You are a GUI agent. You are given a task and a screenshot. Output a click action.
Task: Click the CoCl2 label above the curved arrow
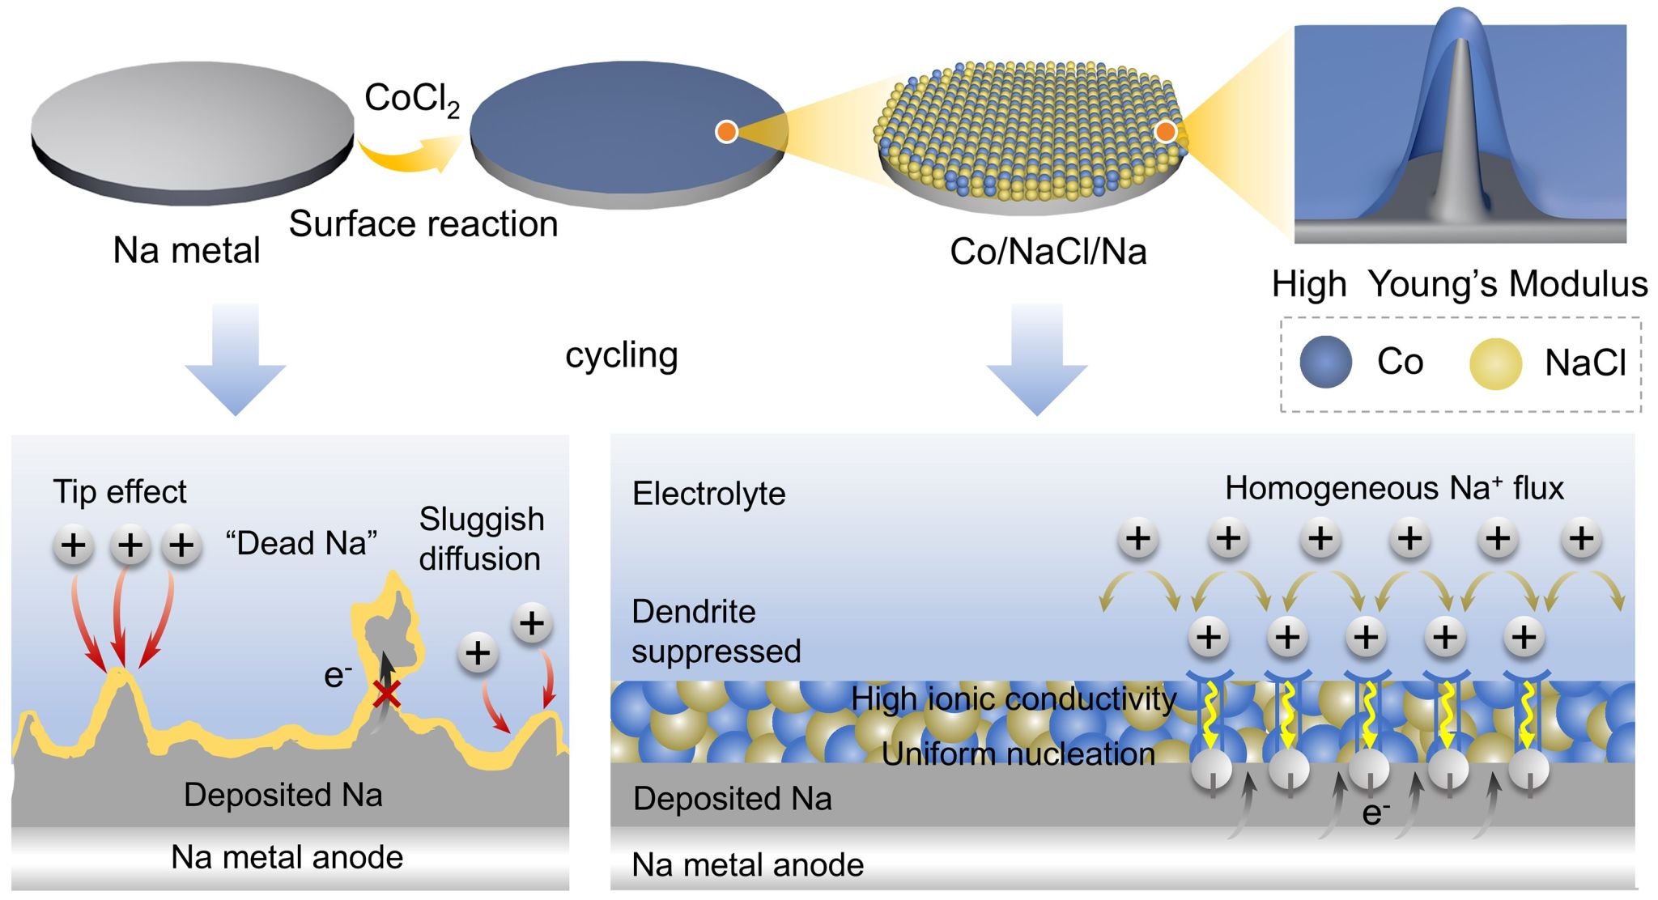pyautogui.click(x=411, y=100)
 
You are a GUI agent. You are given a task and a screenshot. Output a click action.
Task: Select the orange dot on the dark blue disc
pyautogui.click(x=726, y=132)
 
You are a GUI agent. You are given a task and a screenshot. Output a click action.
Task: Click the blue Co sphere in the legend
pyautogui.click(x=1325, y=362)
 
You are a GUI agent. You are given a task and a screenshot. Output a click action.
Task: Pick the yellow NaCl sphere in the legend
pyautogui.click(x=1494, y=363)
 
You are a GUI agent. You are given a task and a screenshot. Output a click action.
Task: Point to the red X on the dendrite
pyautogui.click(x=387, y=694)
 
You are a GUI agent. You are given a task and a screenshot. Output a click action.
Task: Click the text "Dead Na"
pyautogui.click(x=301, y=543)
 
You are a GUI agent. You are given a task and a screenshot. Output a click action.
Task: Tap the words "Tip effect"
pyautogui.click(x=120, y=491)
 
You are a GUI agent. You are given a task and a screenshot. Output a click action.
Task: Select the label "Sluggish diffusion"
pyautogui.click(x=481, y=539)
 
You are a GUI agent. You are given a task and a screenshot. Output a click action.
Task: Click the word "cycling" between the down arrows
pyautogui.click(x=621, y=355)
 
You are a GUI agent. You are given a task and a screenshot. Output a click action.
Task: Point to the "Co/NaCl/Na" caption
pyautogui.click(x=1048, y=252)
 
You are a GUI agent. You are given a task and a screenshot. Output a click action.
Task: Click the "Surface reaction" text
pyautogui.click(x=423, y=224)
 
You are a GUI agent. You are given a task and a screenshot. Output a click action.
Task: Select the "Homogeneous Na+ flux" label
pyautogui.click(x=1393, y=489)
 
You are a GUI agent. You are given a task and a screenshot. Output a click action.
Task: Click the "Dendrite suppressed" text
pyautogui.click(x=716, y=631)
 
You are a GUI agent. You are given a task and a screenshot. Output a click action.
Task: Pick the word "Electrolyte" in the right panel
pyautogui.click(x=708, y=494)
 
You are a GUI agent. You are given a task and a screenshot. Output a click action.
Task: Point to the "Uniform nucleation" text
pyautogui.click(x=1018, y=754)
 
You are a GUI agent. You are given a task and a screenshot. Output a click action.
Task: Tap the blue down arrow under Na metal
pyautogui.click(x=236, y=360)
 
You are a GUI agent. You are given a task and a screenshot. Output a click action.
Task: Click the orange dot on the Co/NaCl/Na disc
pyautogui.click(x=1165, y=132)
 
